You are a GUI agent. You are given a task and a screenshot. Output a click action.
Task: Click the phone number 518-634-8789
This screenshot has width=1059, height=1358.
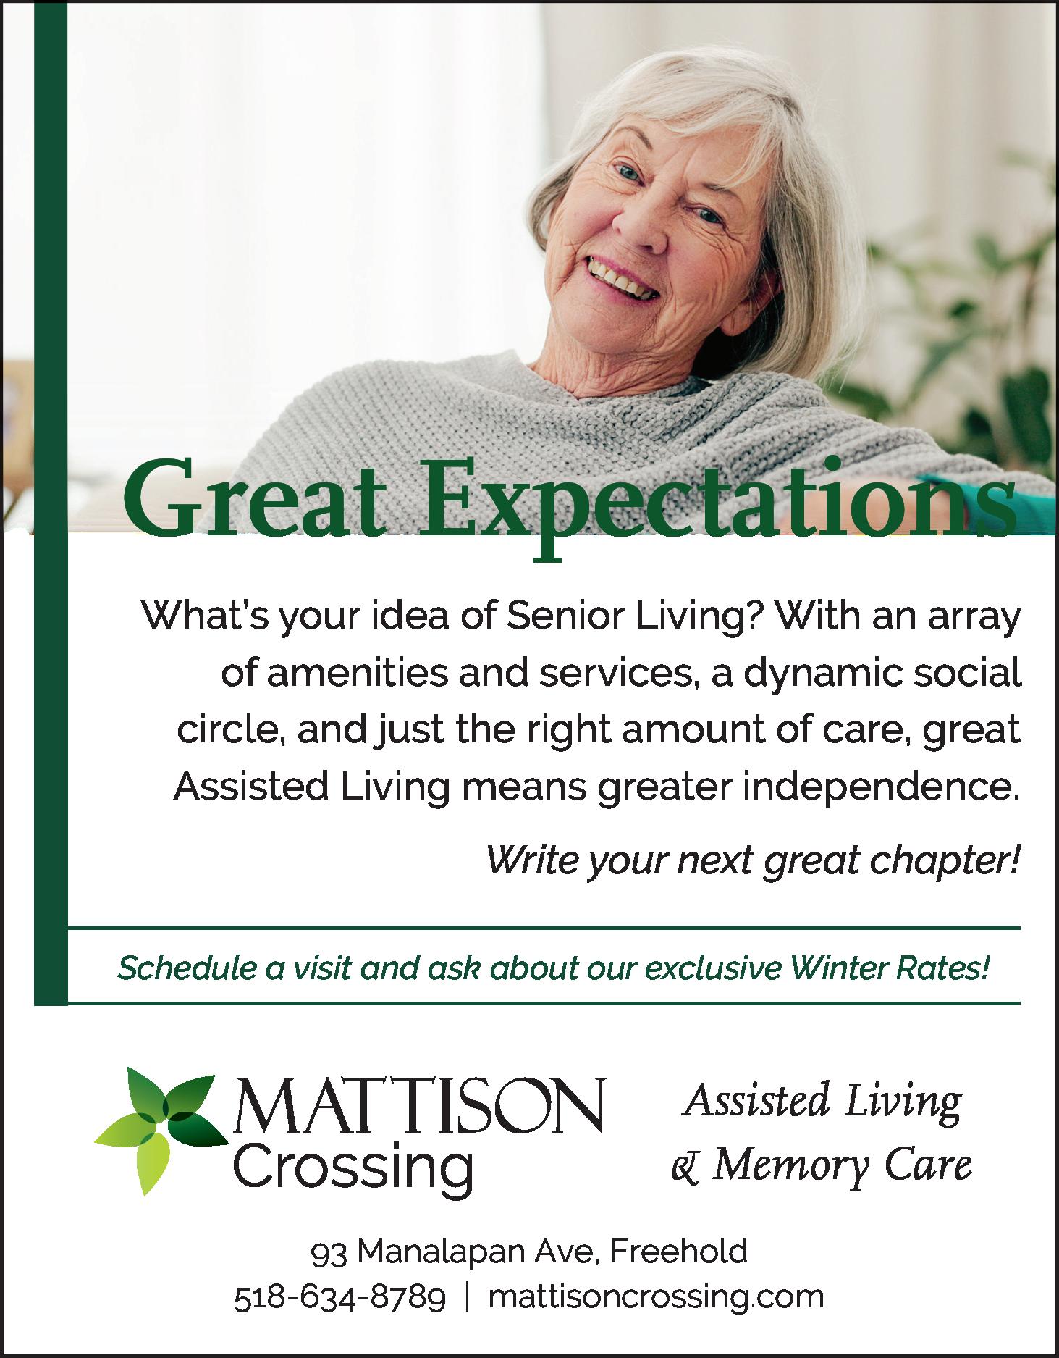coord(340,1296)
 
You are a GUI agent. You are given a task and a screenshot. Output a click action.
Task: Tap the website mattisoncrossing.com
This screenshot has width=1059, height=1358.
coord(657,1297)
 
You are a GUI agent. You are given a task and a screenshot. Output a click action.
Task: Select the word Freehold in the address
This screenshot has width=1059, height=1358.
coord(679,1251)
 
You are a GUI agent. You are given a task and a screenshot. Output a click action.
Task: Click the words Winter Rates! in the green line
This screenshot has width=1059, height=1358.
coord(891,968)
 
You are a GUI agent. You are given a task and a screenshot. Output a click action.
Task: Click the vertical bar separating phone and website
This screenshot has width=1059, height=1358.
coord(468,1297)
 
